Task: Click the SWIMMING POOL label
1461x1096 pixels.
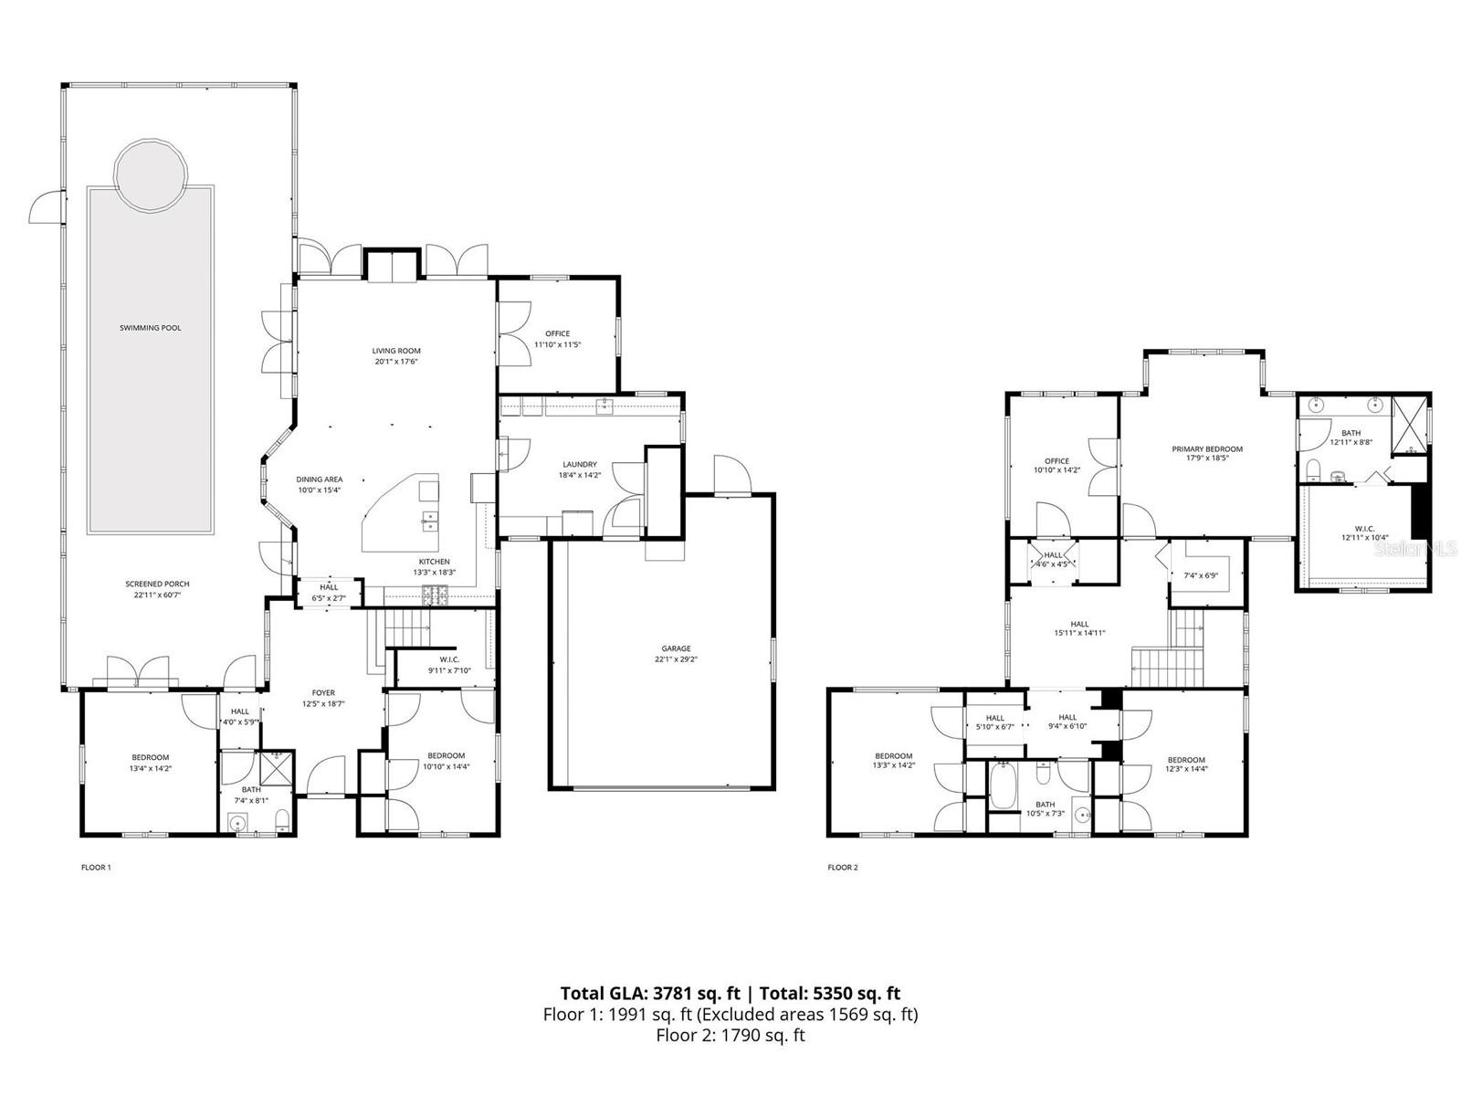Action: click(x=151, y=328)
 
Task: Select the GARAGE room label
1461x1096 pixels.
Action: click(x=676, y=648)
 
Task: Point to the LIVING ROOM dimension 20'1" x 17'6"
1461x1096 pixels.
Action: click(x=396, y=362)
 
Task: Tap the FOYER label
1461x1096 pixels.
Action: click(x=323, y=693)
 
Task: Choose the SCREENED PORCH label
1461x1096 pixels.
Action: click(x=158, y=585)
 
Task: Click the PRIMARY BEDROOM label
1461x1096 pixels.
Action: click(x=1207, y=449)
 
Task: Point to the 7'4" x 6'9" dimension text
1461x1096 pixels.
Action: click(x=1202, y=576)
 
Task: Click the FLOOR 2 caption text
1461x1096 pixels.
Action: click(x=842, y=868)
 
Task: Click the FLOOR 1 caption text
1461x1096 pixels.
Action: click(x=96, y=868)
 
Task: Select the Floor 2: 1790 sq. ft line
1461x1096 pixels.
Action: click(x=730, y=1036)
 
